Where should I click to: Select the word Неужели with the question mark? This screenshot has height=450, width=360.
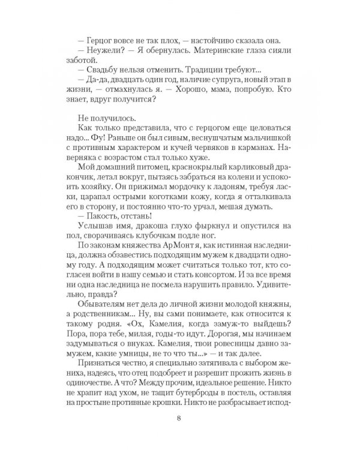coord(103,50)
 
